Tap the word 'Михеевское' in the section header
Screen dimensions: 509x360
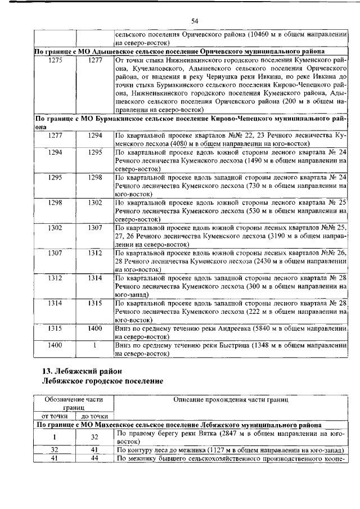pos(115,425)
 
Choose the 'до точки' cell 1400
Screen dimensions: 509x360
pos(94,328)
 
